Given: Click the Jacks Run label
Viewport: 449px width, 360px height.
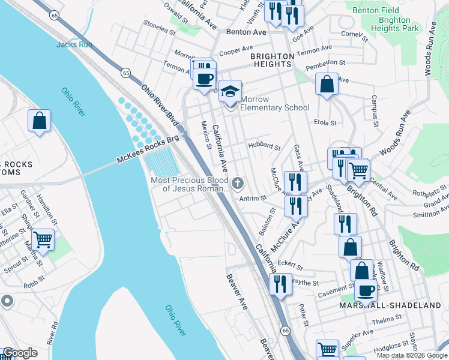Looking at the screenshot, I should pos(74,44).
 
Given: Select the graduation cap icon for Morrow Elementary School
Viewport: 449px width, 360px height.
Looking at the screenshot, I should pos(230,92).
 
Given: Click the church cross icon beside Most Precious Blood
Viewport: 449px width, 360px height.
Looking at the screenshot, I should pos(238,182).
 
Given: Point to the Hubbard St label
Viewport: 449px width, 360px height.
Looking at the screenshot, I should pos(264,146).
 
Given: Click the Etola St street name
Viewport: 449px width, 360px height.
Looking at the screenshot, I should pos(325,122).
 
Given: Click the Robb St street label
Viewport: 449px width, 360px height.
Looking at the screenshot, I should pos(35,279).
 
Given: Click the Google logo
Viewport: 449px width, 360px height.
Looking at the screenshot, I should pos(20,353).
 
